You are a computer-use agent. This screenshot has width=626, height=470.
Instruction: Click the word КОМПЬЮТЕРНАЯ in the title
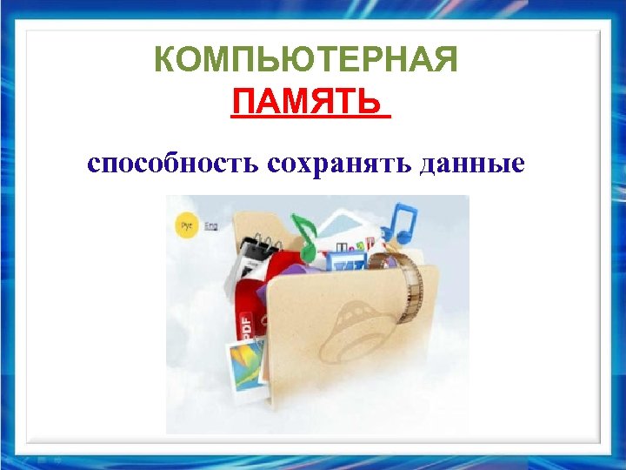pos(305,62)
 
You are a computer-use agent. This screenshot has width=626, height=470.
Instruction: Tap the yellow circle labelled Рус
pos(185,225)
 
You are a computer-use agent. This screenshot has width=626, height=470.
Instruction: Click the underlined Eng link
pos(210,225)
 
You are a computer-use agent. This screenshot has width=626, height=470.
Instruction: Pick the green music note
pos(305,234)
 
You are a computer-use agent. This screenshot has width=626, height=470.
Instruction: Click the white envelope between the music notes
pos(348,228)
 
